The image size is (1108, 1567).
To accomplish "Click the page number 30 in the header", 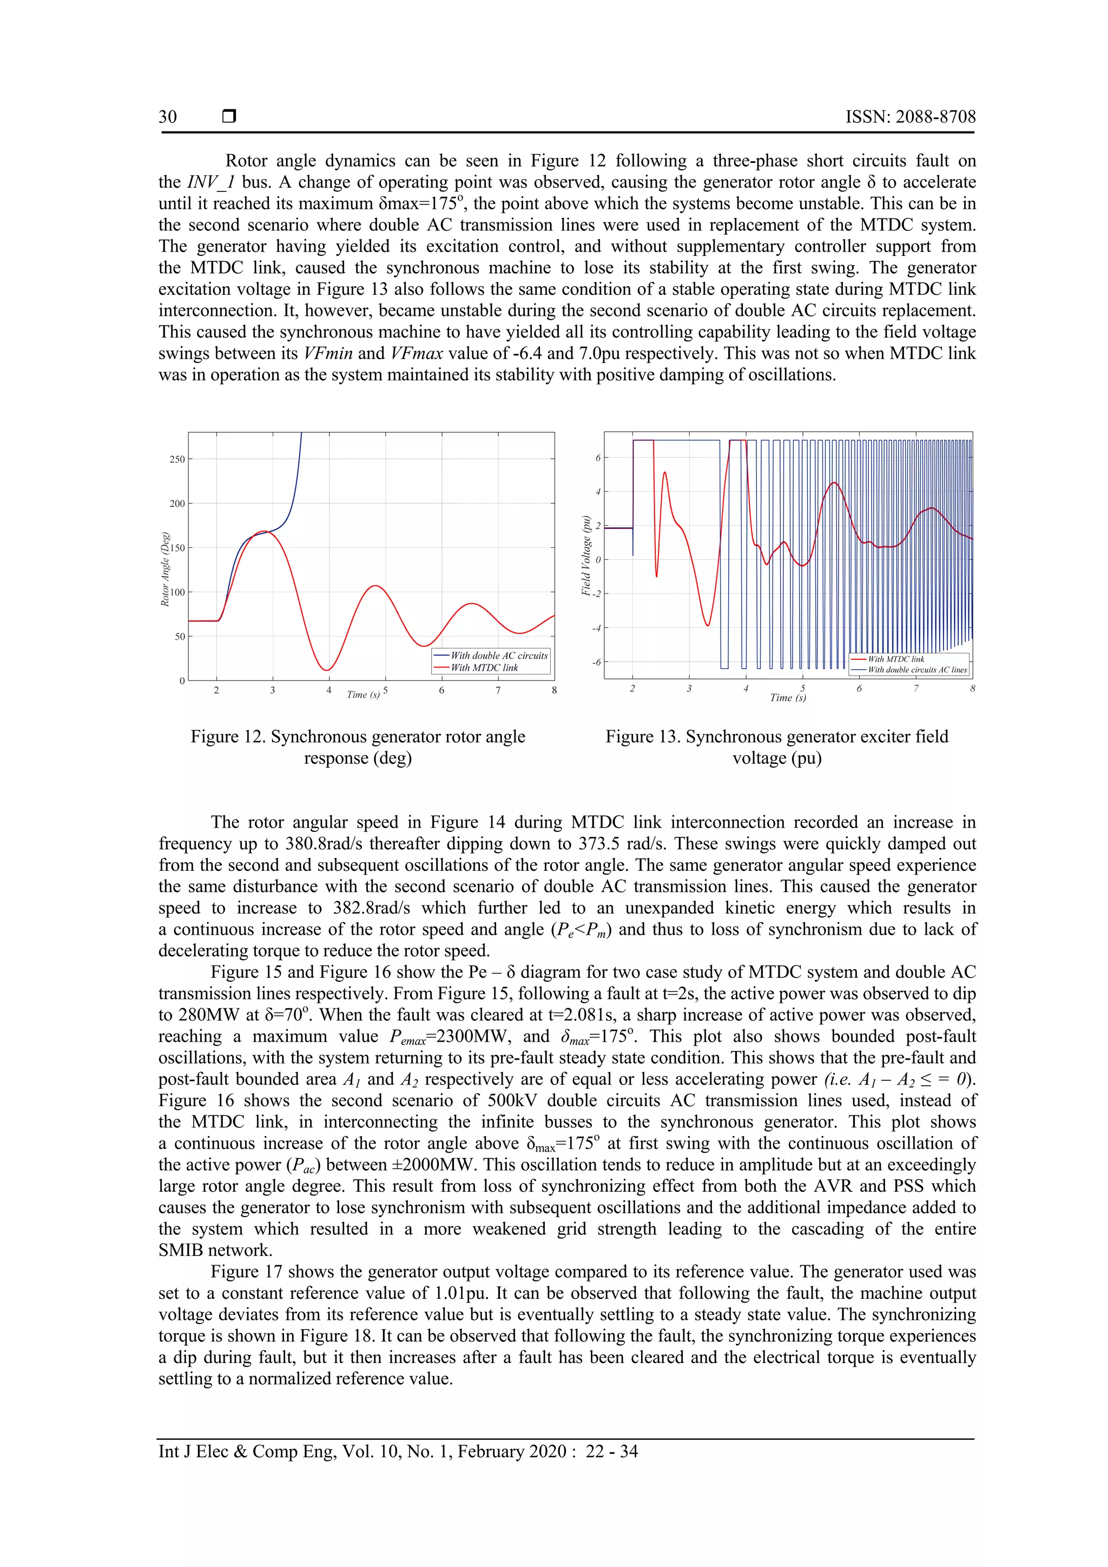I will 167,117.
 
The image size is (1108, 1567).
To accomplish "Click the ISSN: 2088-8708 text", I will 910,117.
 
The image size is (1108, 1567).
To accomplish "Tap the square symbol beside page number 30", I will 229,117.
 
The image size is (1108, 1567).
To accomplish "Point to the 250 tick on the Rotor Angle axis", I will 177,459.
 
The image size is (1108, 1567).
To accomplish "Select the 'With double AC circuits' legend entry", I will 498,655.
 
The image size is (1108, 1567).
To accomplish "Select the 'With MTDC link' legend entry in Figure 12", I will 484,667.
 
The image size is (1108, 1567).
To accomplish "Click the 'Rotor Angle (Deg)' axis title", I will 165,568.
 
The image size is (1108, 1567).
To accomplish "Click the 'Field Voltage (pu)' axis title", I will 586,556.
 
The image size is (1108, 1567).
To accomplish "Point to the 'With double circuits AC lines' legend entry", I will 917,670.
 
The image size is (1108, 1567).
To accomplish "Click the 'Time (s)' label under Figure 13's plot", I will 787,698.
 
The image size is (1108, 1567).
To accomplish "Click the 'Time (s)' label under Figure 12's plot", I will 363,694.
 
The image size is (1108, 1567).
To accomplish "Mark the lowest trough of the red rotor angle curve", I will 328,670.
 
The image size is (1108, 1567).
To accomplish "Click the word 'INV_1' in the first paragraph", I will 211,182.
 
